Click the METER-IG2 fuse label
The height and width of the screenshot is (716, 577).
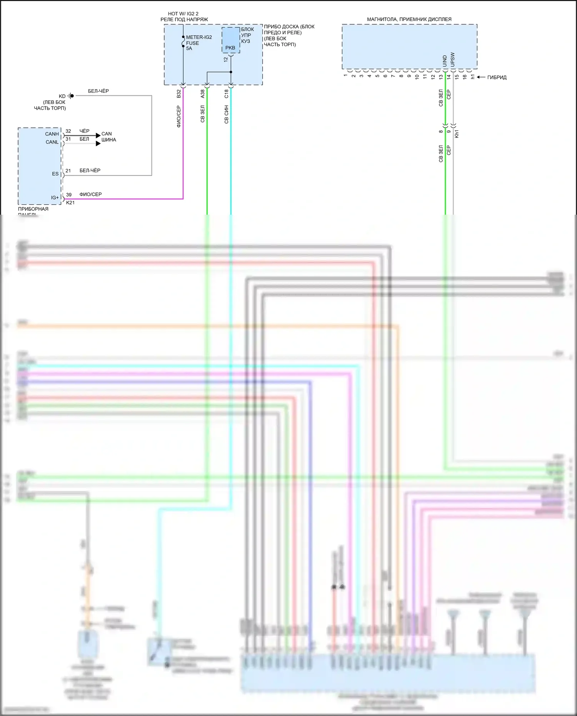click(198, 37)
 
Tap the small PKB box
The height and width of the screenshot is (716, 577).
click(230, 40)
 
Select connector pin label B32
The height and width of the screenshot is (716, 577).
click(178, 94)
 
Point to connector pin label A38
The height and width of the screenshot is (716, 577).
click(202, 94)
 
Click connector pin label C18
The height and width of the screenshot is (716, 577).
click(226, 94)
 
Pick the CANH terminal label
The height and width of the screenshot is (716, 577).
click(52, 134)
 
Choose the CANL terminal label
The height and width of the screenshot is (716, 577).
click(52, 142)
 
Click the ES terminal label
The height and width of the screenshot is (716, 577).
click(55, 174)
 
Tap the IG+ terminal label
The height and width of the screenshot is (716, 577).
click(55, 198)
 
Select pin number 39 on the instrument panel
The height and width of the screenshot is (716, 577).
click(69, 195)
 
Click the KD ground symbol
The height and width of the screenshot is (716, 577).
click(71, 96)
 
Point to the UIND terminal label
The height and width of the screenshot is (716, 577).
click(445, 61)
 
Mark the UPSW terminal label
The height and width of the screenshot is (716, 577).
click(452, 60)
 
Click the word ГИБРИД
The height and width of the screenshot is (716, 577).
click(497, 77)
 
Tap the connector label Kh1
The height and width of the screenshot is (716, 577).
click(457, 134)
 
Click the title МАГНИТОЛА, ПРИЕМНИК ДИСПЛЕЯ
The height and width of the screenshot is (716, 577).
click(409, 19)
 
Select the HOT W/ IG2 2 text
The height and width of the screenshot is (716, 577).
click(183, 14)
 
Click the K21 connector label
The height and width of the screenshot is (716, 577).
click(70, 203)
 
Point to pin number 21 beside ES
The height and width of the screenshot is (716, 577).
click(68, 170)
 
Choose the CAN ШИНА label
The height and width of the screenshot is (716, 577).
click(108, 137)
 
